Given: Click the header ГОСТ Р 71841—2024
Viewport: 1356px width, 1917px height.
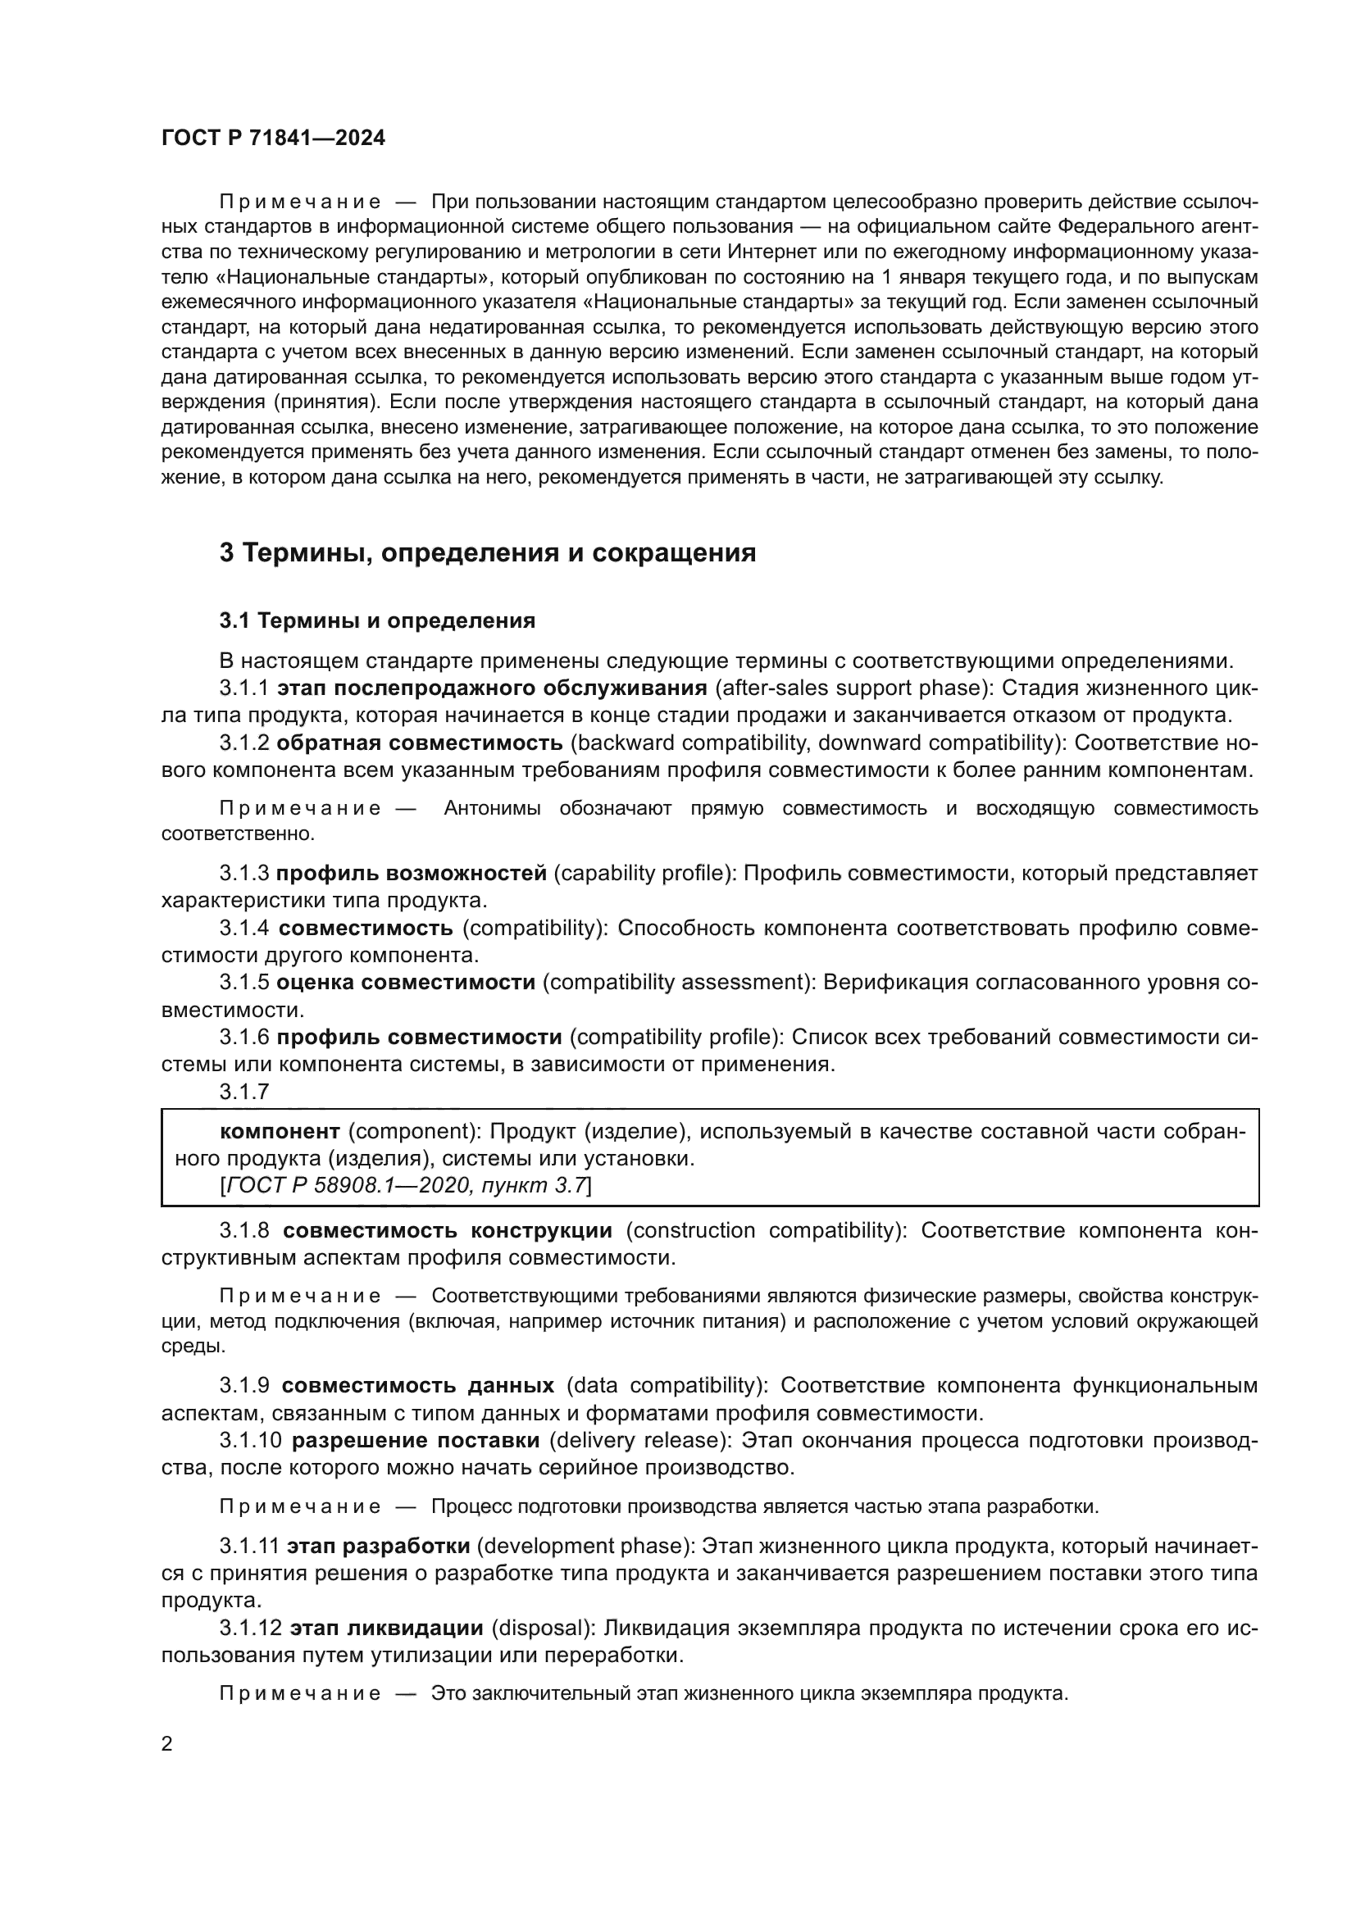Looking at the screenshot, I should click(273, 139).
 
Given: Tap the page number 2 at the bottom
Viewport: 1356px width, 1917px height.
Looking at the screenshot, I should click(167, 1744).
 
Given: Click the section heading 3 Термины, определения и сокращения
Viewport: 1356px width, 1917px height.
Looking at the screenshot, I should click(488, 552).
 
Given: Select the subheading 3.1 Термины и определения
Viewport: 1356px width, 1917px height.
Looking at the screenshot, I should click(377, 620).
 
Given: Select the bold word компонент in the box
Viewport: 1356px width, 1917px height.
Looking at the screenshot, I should click(280, 1131).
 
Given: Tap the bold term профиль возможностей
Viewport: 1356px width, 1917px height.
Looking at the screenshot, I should click(412, 874).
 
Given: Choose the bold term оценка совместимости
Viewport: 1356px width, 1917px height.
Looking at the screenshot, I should click(406, 983).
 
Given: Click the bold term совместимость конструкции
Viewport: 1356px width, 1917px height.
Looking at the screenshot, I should click(448, 1230).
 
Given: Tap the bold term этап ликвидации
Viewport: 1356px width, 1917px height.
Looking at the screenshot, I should click(387, 1629).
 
